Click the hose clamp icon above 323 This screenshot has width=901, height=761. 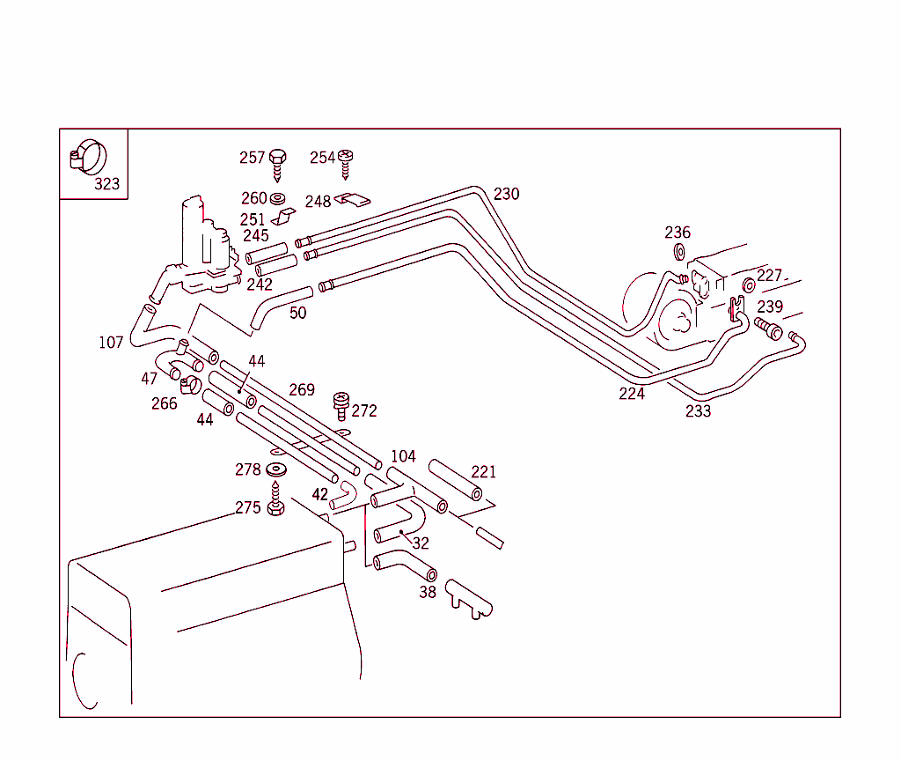pos(87,157)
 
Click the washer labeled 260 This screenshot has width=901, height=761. pos(278,198)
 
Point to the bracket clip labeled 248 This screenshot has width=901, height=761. pos(353,200)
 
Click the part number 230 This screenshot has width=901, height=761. pos(506,194)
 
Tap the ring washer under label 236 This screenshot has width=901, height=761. pos(679,254)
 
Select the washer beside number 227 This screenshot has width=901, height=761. pos(749,284)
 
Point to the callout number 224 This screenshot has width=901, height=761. pos(631,394)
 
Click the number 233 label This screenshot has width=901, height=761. pos(699,411)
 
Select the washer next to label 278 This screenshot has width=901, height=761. pos(275,469)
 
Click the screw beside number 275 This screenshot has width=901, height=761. pos(275,502)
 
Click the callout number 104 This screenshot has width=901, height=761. pos(403,456)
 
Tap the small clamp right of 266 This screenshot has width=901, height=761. pos(189,384)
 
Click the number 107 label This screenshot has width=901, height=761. pos(111,343)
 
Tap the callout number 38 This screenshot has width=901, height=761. pos(427,593)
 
